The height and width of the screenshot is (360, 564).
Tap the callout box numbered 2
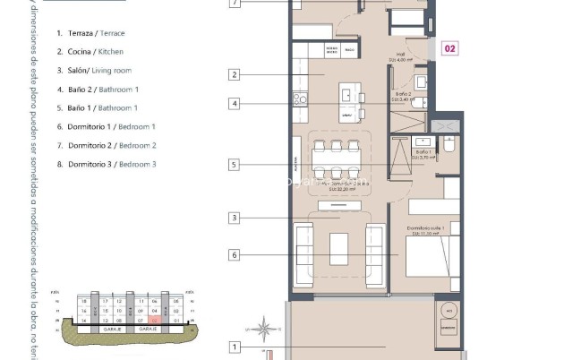[x=235, y=75]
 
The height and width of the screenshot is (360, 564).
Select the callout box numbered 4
[x=235, y=103]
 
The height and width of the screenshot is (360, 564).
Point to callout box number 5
[x=235, y=165]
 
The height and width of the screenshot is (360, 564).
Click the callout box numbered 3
[x=235, y=218]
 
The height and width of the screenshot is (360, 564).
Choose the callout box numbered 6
[x=235, y=255]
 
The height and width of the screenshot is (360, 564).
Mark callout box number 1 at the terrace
[x=235, y=347]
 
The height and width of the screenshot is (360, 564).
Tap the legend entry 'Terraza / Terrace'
[x=90, y=33]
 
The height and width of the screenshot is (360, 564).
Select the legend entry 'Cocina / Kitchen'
[x=90, y=52]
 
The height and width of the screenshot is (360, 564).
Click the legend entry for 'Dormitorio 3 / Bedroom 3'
[x=106, y=165]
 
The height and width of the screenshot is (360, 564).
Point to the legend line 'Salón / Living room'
[x=94, y=71]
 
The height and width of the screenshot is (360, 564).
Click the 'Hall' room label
[x=398, y=58]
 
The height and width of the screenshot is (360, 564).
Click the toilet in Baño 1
[x=449, y=144]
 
